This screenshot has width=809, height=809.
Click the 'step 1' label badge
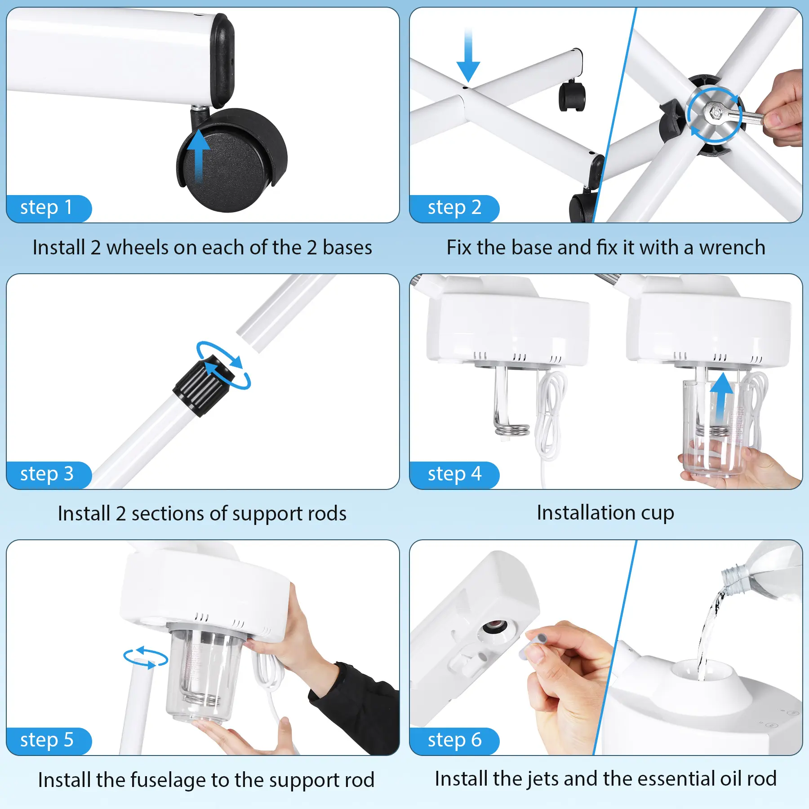(49, 209)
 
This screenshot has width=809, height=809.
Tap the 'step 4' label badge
(454, 475)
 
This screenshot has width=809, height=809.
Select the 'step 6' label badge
(454, 741)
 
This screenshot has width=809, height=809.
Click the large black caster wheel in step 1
(233, 160)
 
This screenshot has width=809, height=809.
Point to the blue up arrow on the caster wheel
(198, 155)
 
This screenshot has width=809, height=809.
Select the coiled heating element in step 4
(511, 429)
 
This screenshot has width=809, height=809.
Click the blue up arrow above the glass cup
(722, 397)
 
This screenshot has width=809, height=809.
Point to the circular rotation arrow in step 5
(146, 658)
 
